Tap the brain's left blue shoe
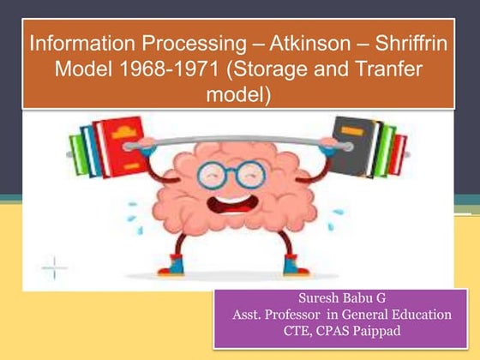(x=176, y=266)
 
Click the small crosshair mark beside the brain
(x=54, y=267)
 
